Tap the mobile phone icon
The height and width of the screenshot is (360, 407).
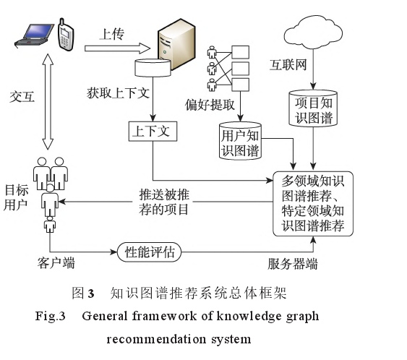tap(64, 34)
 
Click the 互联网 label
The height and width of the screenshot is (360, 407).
tap(289, 65)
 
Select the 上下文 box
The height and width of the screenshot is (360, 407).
tap(151, 132)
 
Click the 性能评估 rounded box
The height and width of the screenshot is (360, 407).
tap(149, 252)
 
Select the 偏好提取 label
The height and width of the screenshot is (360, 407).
tap(210, 104)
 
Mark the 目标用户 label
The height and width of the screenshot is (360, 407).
tap(16, 197)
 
